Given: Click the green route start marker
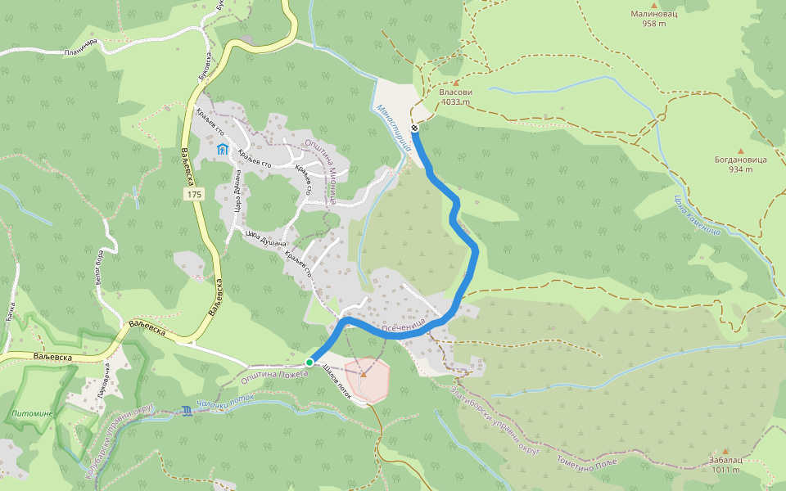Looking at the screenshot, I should pyautogui.click(x=309, y=362).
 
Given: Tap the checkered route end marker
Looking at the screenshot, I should pyautogui.click(x=416, y=128).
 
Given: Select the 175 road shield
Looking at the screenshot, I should pyautogui.click(x=194, y=195).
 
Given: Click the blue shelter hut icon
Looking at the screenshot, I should pyautogui.click(x=222, y=149).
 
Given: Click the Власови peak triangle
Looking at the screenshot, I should pyautogui.click(x=455, y=83).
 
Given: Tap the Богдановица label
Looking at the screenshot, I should pyautogui.click(x=740, y=160).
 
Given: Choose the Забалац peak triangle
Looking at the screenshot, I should pyautogui.click(x=725, y=451).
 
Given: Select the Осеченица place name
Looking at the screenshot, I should pyautogui.click(x=404, y=325).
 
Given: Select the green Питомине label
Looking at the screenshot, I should pyautogui.click(x=33, y=413).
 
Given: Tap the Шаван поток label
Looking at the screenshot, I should pyautogui.click(x=337, y=381).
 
